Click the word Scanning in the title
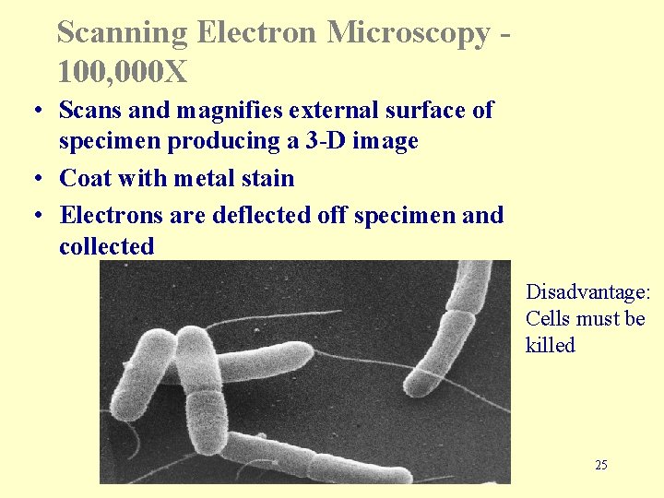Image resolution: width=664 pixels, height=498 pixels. [121, 33]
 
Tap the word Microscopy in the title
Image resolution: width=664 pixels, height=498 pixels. [409, 33]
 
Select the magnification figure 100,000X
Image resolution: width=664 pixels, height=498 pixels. [123, 70]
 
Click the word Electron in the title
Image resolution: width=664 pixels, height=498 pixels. [255, 33]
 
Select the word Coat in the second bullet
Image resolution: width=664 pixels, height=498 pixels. [84, 178]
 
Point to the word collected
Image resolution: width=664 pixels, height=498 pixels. [106, 246]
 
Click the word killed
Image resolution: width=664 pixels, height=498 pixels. [551, 345]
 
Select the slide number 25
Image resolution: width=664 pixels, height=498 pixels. [601, 465]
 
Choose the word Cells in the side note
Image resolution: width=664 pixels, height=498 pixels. [546, 319]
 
